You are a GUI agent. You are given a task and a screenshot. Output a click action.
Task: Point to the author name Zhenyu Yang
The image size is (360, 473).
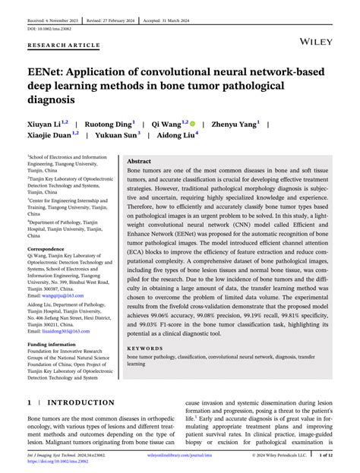pos(235,122)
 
